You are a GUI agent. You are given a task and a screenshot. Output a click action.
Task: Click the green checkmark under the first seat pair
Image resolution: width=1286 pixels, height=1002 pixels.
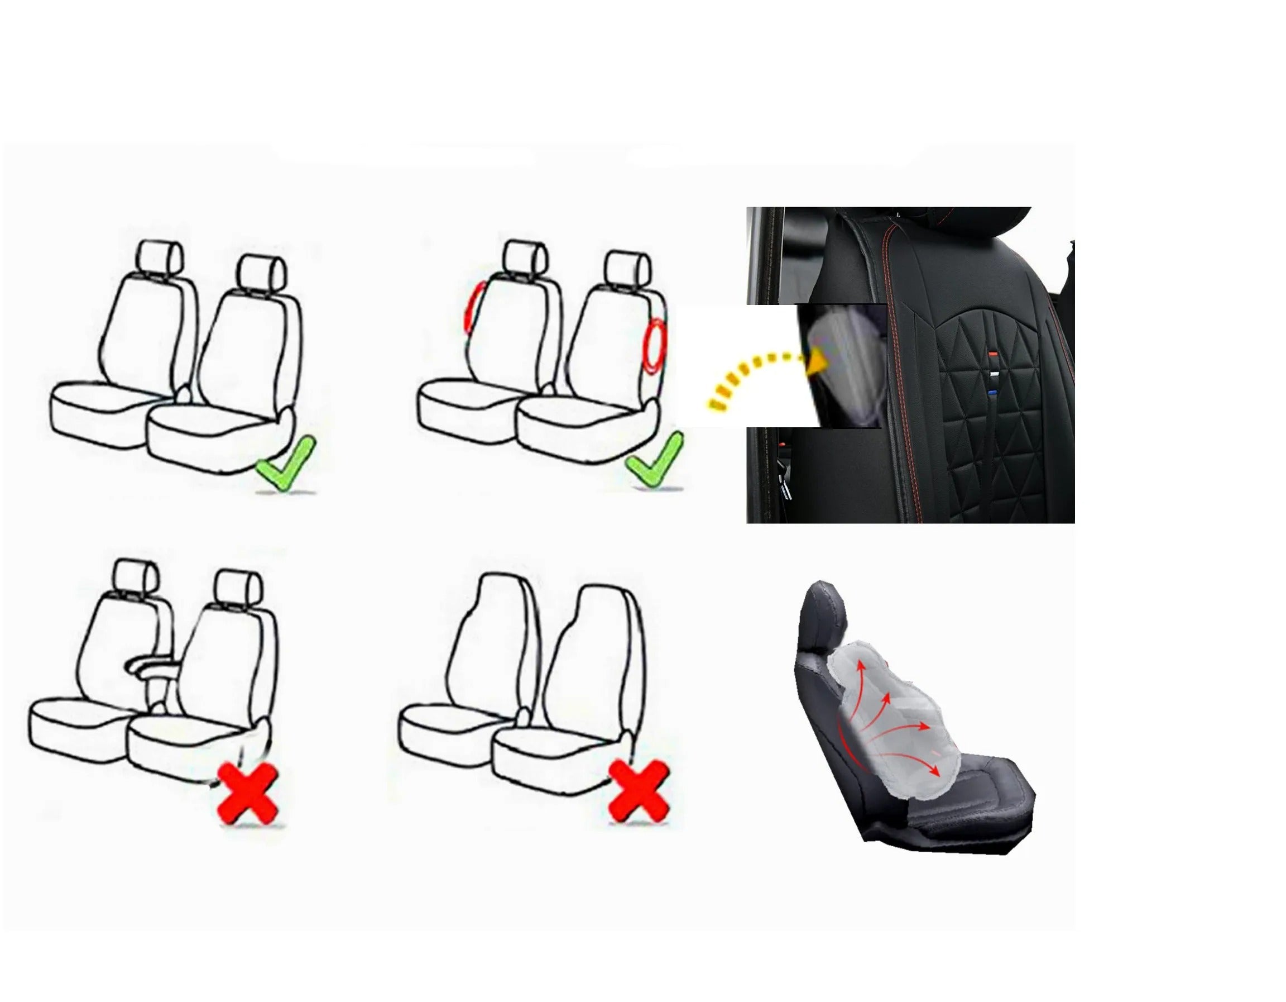286,464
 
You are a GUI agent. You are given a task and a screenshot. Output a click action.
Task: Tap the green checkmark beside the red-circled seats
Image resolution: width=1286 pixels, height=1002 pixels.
655,460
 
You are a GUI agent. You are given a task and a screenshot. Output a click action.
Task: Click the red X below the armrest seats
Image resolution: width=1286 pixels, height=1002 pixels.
248,793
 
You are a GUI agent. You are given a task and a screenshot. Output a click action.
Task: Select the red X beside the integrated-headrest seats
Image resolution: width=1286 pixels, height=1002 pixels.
639,790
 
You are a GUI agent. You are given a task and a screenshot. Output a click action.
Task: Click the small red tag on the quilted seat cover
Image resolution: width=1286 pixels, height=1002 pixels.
994,354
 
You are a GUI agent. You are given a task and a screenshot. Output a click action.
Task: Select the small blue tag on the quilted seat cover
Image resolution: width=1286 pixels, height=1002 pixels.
993,392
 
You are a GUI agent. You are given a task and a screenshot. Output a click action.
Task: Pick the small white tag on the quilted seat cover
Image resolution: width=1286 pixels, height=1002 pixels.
994,374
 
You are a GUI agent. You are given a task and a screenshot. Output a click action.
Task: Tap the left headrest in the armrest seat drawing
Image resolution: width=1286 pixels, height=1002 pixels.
136,575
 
